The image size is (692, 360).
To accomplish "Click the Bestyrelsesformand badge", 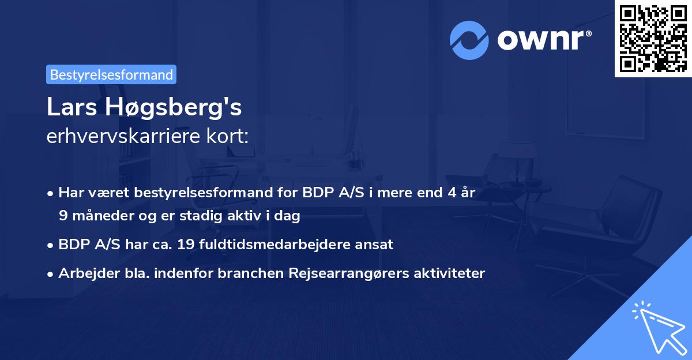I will [111, 74].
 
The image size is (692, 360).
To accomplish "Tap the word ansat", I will [375, 244].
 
